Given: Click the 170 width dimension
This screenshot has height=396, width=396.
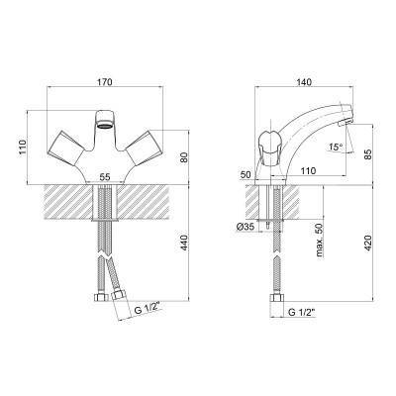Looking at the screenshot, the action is click(x=106, y=82).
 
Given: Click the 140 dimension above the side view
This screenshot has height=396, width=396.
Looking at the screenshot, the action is click(x=304, y=82).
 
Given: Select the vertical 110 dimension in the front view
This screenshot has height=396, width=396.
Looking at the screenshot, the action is click(x=22, y=148).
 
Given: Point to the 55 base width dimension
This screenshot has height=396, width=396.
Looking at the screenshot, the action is click(x=105, y=177).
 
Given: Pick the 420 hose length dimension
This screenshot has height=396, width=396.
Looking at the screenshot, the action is click(x=368, y=244).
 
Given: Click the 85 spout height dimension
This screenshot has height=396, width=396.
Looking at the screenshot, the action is click(x=368, y=154).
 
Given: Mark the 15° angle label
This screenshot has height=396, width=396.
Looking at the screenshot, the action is click(x=336, y=147).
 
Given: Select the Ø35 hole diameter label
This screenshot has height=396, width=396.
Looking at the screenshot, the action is click(x=245, y=227).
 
